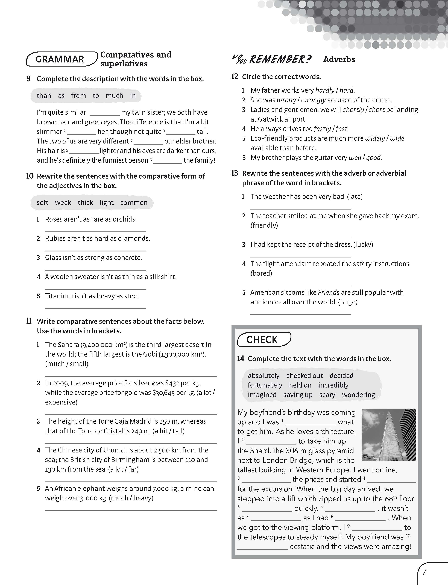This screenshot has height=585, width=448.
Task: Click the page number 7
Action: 424,572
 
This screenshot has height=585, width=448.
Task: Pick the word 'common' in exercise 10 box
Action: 134,203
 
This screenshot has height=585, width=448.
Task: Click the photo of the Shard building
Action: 389,434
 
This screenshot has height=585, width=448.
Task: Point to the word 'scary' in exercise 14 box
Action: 327,395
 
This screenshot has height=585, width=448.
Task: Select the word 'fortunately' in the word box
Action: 265,385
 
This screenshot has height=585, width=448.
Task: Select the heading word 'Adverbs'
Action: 339,59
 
